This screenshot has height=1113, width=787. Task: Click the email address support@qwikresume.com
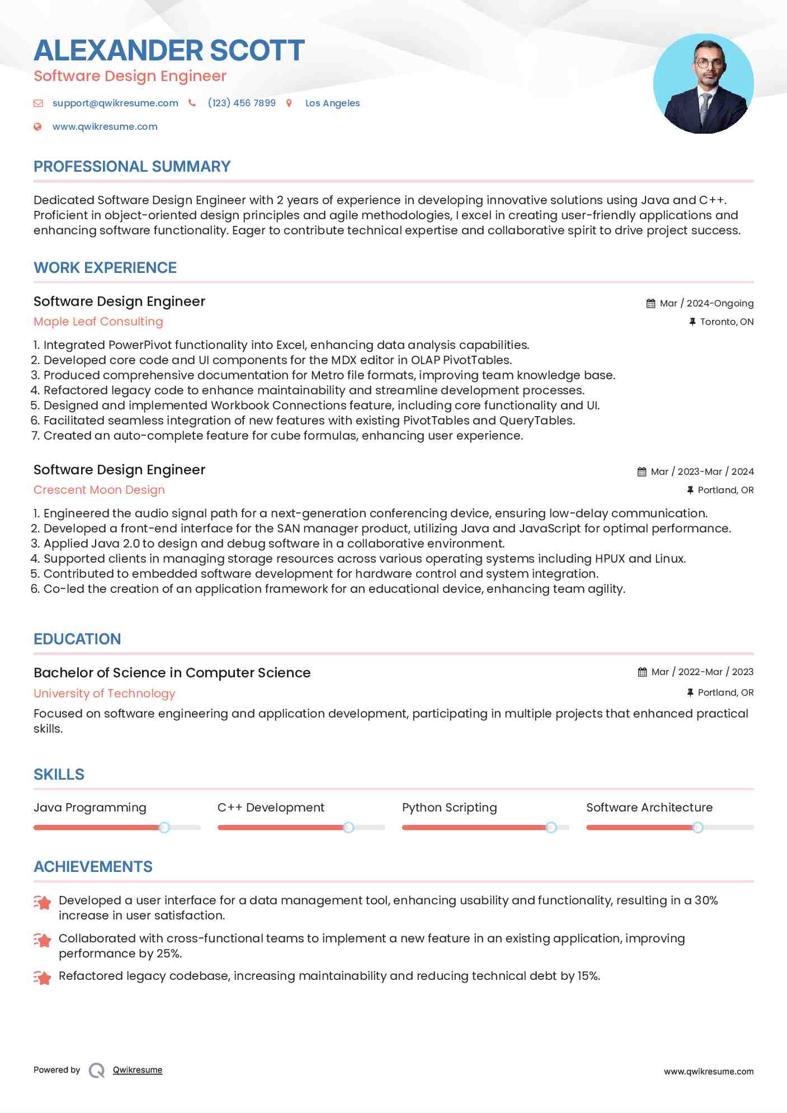[x=115, y=103]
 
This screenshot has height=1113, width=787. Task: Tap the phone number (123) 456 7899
[x=241, y=103]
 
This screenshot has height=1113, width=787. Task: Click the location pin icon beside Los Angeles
[x=289, y=103]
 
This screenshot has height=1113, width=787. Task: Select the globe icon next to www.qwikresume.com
[x=37, y=126]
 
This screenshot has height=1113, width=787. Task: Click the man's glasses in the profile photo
[x=708, y=63]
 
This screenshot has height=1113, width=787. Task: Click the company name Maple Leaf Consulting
[x=98, y=322]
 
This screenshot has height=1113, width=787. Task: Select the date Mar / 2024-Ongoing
[x=706, y=303]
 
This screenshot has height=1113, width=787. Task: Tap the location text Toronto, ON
[x=726, y=322]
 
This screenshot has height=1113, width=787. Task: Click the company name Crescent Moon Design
[x=99, y=490]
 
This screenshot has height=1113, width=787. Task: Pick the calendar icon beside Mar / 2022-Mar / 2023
[x=642, y=672]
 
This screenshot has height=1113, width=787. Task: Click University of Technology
[x=104, y=694]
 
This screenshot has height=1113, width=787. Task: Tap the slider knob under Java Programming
[x=164, y=827]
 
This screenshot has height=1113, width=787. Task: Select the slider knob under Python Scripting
[x=551, y=827]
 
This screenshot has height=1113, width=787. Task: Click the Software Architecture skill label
[x=649, y=808]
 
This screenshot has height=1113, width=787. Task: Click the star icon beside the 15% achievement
[x=43, y=977]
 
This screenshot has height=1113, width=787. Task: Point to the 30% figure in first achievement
[x=706, y=900]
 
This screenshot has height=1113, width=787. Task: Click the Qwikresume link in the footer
[x=137, y=1070]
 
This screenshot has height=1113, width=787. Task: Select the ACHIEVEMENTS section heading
[x=93, y=866]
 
